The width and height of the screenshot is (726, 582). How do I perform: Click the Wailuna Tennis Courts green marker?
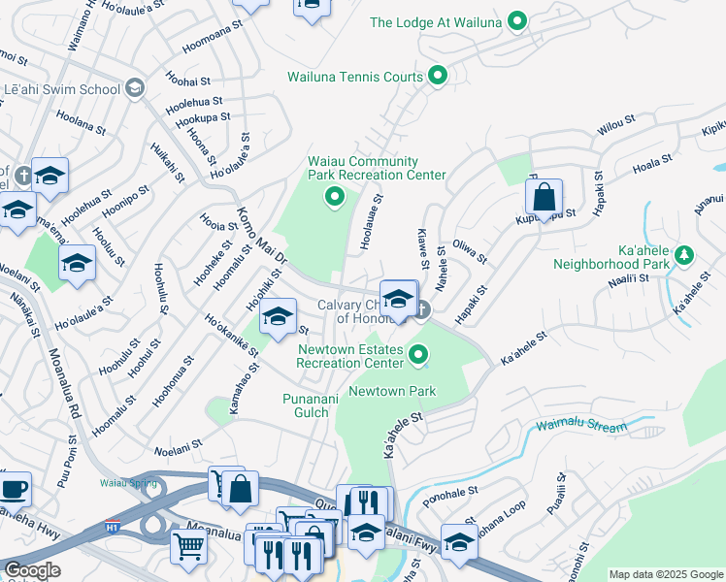[438, 76]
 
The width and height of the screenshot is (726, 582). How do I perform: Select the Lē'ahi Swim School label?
[61, 90]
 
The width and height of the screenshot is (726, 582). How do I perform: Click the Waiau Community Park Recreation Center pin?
[335, 199]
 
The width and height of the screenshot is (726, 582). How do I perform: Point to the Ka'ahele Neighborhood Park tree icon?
[684, 254]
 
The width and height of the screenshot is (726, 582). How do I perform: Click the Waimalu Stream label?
[580, 425]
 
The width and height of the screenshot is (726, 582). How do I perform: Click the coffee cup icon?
[14, 489]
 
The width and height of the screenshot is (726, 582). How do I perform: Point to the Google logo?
[31, 570]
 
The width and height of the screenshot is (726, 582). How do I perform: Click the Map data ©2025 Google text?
[665, 574]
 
